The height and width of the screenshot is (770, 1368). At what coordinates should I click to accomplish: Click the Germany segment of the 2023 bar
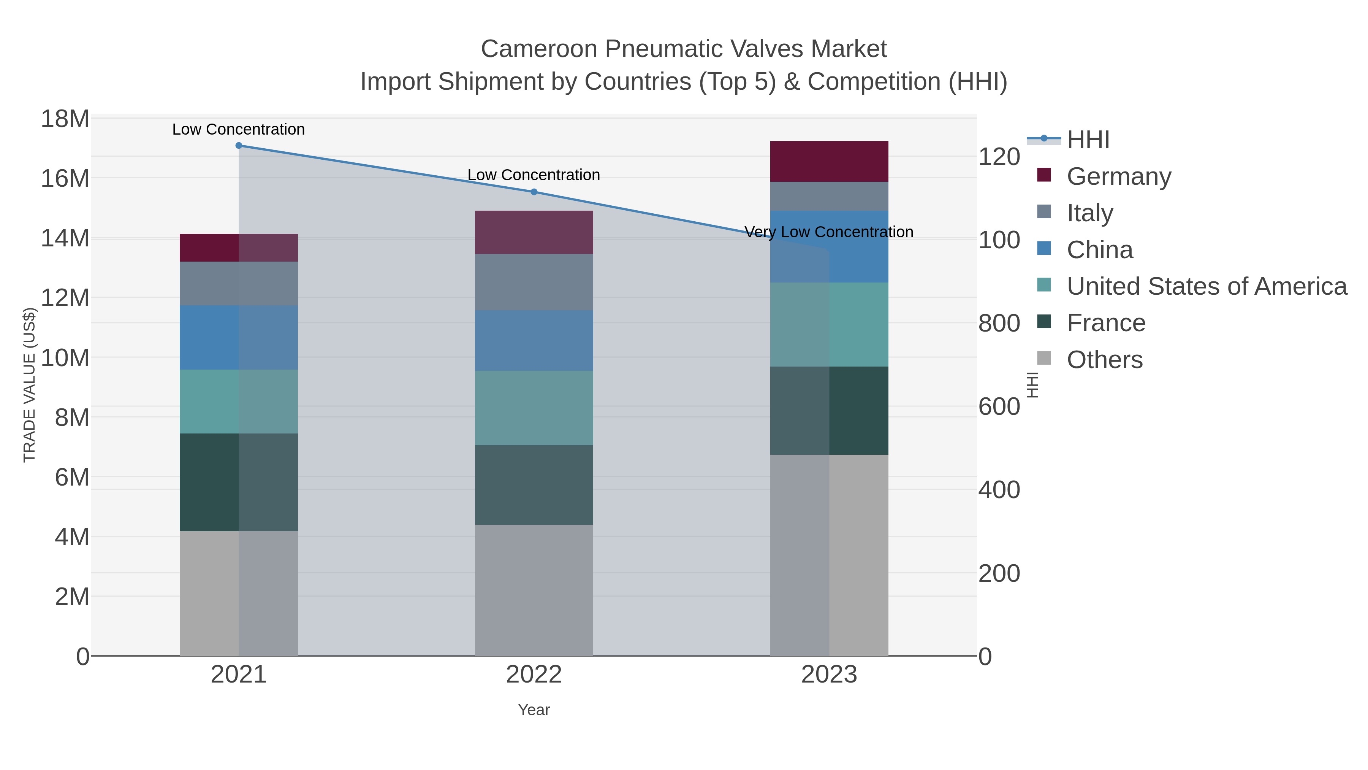(829, 162)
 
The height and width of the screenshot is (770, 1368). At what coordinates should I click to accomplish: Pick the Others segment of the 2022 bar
(534, 590)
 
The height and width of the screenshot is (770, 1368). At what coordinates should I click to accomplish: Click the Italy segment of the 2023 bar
(829, 196)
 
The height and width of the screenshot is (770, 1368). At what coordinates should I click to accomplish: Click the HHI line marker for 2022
(534, 192)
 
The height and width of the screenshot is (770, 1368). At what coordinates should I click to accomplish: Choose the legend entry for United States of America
(1206, 286)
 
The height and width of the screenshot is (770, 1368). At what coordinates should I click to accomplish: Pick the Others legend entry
(1105, 360)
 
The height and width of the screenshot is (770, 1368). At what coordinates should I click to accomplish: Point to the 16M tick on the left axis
(65, 179)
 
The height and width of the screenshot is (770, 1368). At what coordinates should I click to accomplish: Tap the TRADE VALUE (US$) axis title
(29, 385)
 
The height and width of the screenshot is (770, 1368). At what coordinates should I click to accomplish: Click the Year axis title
(534, 710)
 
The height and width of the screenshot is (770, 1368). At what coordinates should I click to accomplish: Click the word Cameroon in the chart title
(538, 49)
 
